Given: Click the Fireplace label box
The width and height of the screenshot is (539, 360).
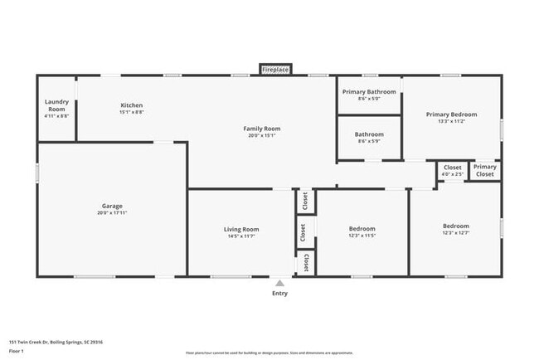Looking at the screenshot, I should [275, 70].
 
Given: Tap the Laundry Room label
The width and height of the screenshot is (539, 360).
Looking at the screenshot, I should [56, 106].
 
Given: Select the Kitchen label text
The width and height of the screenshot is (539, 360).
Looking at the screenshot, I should [132, 105].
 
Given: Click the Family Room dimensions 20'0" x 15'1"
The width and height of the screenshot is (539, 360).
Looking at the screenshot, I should [261, 136].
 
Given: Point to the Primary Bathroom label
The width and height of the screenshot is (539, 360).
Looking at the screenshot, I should [369, 91].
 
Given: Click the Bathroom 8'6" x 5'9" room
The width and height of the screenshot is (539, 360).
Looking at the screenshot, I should [369, 137].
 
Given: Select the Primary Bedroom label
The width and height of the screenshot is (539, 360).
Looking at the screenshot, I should [451, 114].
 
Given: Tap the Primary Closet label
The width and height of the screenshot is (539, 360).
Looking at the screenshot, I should [484, 171].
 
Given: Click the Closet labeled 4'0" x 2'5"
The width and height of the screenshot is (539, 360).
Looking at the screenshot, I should [452, 170].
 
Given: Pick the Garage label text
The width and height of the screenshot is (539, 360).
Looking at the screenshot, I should [112, 206].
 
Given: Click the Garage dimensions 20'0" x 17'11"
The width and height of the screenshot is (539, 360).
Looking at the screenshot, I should [112, 213].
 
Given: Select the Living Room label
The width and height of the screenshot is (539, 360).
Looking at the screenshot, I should [241, 229].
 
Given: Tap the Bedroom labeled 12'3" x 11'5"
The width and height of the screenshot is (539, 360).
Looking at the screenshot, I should [362, 231].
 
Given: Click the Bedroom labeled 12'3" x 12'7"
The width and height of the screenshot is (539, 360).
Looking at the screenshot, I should [455, 229].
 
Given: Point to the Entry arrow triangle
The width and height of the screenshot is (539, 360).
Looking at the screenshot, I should [280, 283].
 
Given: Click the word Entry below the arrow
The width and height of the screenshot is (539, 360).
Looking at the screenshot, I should [280, 294].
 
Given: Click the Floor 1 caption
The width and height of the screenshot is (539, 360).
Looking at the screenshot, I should [17, 352].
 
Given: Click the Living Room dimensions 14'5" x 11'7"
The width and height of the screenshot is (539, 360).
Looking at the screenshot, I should [241, 236].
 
